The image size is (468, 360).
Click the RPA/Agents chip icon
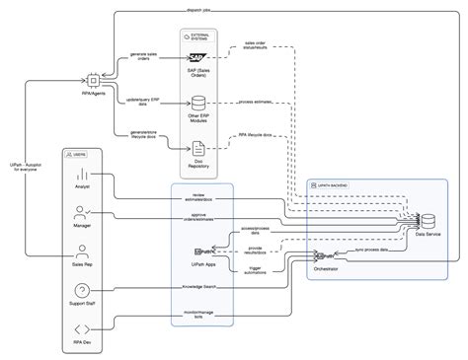[x=94, y=78]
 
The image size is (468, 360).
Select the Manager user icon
[x=82, y=212]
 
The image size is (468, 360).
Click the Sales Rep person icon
[x=82, y=251]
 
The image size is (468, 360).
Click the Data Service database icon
[x=428, y=220]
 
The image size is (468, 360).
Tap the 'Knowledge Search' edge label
[x=200, y=289]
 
